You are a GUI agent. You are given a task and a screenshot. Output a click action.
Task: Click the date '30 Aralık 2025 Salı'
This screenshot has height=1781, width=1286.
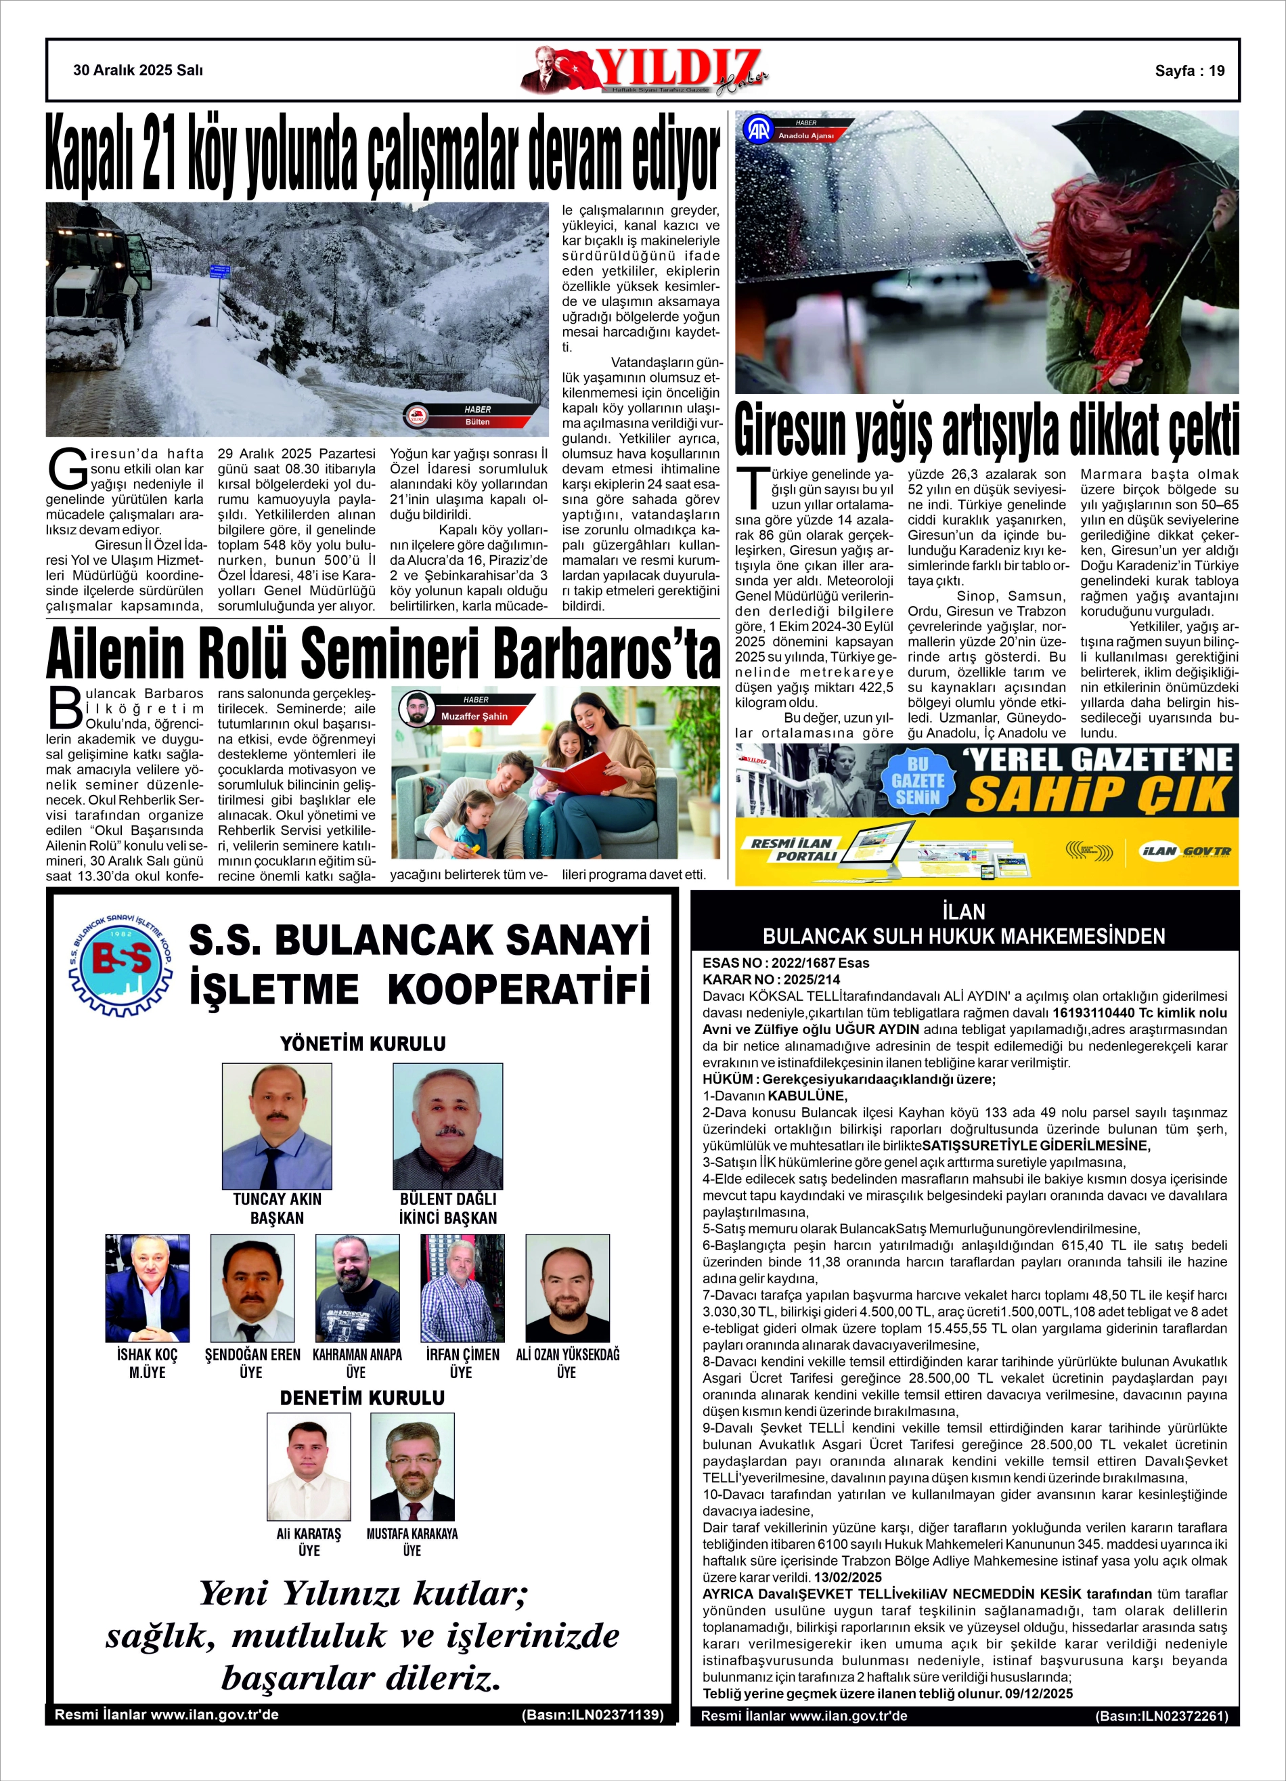pyautogui.click(x=138, y=70)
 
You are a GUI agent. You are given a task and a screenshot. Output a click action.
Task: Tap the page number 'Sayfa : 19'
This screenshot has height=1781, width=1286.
pyautogui.click(x=1189, y=70)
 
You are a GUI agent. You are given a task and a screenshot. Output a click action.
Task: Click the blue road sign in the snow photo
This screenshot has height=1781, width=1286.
pyautogui.click(x=220, y=272)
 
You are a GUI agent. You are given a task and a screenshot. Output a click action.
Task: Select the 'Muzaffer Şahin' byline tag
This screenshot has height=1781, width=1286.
pyautogui.click(x=474, y=716)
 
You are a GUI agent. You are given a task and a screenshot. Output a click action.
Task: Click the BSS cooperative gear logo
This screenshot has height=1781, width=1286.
pyautogui.click(x=121, y=963)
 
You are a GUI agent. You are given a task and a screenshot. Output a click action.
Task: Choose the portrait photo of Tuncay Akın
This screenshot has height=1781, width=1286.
pyautogui.click(x=276, y=1125)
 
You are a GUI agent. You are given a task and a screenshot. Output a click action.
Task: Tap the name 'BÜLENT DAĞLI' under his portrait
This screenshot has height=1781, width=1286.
pyautogui.click(x=447, y=1199)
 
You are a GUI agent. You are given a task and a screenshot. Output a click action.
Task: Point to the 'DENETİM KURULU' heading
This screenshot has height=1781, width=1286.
pyautogui.click(x=362, y=1398)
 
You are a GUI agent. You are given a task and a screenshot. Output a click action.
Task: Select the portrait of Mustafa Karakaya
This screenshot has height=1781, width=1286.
pyautogui.click(x=412, y=1467)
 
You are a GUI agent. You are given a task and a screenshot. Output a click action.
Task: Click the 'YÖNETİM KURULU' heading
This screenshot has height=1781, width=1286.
pyautogui.click(x=363, y=1044)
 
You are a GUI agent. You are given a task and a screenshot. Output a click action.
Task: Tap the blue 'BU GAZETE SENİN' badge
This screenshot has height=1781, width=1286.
pyautogui.click(x=918, y=781)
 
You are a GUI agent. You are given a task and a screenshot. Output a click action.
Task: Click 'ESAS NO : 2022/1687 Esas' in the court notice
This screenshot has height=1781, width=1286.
pyautogui.click(x=786, y=963)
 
